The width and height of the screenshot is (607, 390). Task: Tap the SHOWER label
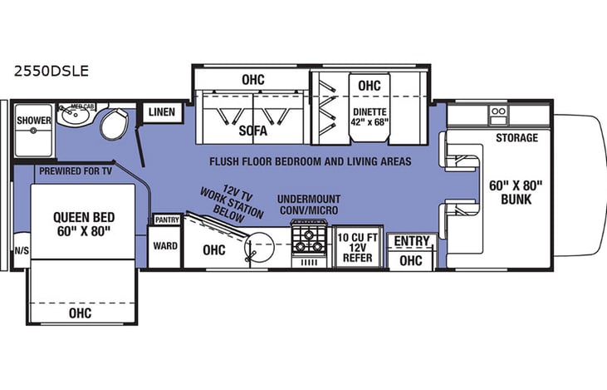click(34, 121)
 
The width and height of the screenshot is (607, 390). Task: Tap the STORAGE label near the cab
click(516, 137)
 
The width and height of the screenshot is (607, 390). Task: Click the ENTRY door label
click(412, 241)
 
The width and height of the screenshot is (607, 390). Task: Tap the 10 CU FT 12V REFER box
click(358, 248)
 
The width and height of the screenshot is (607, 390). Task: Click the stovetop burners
click(311, 242)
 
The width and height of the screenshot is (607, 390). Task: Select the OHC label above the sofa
click(252, 79)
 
